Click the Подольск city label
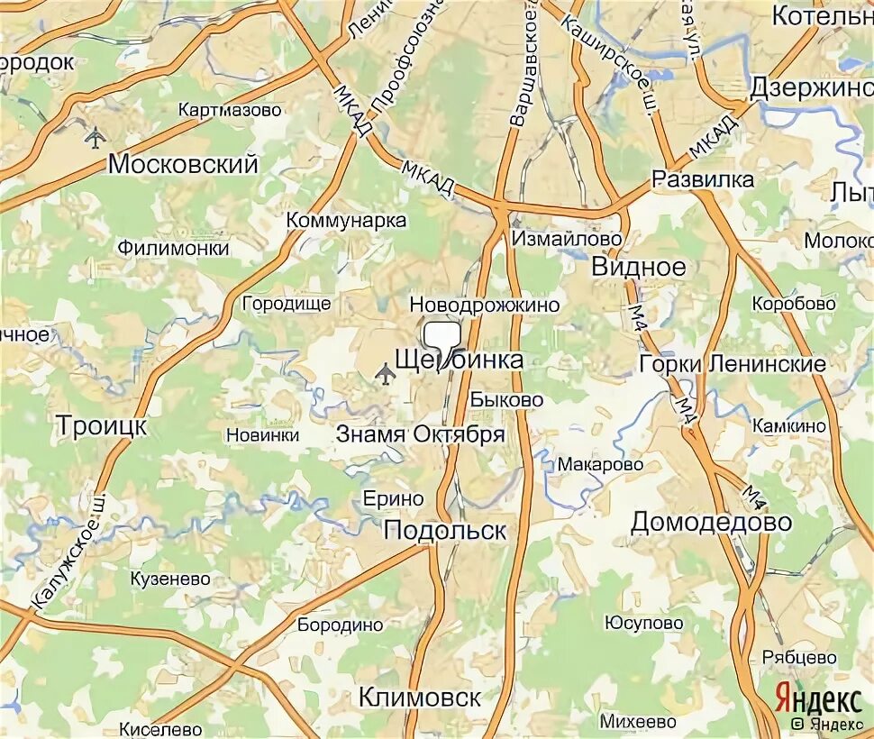[x=445, y=530]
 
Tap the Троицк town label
[x=101, y=424]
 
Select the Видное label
[x=639, y=267]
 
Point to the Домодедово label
[x=711, y=522]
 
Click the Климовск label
[x=419, y=697]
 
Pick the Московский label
[x=183, y=164]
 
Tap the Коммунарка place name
[x=346, y=220]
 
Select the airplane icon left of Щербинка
[x=386, y=372]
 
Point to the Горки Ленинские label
[x=732, y=364]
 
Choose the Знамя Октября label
[x=420, y=433]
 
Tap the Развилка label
[x=703, y=179]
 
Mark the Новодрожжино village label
[x=484, y=306]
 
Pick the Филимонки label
[x=173, y=248]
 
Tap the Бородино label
[x=341, y=625]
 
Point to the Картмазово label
[x=230, y=110]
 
